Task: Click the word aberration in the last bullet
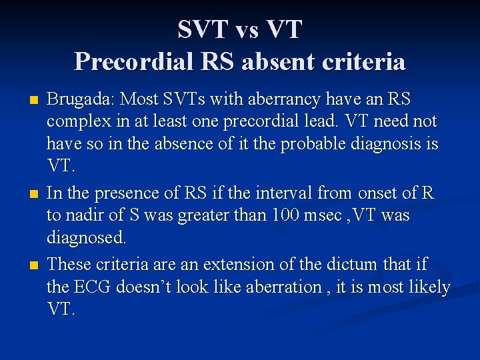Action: tap(284, 287)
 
